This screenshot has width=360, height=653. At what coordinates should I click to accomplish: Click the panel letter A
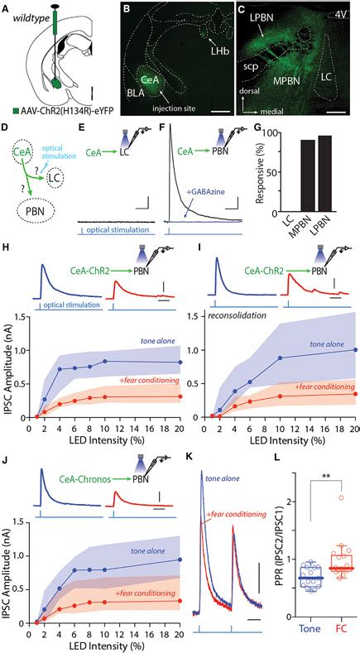[7, 7]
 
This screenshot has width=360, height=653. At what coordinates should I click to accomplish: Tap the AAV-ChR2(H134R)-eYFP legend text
[60, 111]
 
